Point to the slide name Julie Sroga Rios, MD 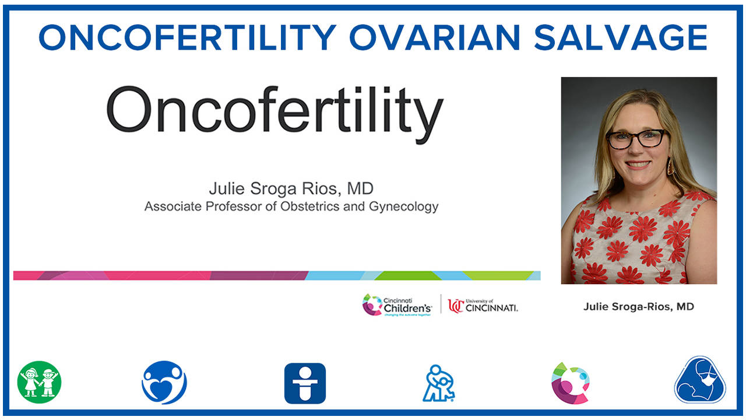291,189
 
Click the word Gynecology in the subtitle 403,206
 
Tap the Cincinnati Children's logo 397,305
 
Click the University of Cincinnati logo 483,305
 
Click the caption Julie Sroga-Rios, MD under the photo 639,306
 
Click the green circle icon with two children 39,382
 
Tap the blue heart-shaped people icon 164,382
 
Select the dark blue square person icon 305,383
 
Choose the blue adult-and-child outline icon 439,383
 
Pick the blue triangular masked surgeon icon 700,380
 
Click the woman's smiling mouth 638,165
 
